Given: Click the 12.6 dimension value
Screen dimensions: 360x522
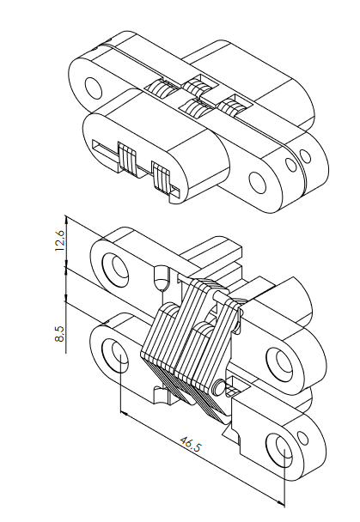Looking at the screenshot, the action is point(59,240).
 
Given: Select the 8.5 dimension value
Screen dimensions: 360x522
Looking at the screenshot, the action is point(59,334).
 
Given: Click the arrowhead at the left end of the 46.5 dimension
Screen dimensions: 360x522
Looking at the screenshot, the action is point(124,414).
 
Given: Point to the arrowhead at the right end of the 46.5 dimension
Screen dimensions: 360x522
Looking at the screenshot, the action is point(281,502).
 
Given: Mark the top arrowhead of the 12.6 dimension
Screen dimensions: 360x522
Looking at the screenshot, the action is point(67,220).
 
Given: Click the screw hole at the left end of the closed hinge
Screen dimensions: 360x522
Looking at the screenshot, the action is point(94,88).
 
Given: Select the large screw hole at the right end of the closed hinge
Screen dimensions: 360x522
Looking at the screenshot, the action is point(258,182).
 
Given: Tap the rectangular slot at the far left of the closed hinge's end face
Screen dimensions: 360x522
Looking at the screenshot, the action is point(105,153).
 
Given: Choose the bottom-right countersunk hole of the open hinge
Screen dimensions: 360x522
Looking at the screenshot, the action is point(279,450).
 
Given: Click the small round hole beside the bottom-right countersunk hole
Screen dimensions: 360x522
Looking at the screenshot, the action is point(303,438).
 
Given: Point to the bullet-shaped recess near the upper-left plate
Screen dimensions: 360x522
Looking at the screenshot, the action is point(162,277).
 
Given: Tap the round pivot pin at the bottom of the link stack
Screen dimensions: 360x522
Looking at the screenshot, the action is point(219,387).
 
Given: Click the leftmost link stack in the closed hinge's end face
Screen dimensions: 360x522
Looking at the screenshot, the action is point(127,159).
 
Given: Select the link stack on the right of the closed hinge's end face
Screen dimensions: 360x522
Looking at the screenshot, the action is point(162,177).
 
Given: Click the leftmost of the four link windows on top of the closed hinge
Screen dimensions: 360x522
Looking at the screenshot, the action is point(159,89).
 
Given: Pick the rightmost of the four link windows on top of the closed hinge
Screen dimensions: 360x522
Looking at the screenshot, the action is point(233,106).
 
